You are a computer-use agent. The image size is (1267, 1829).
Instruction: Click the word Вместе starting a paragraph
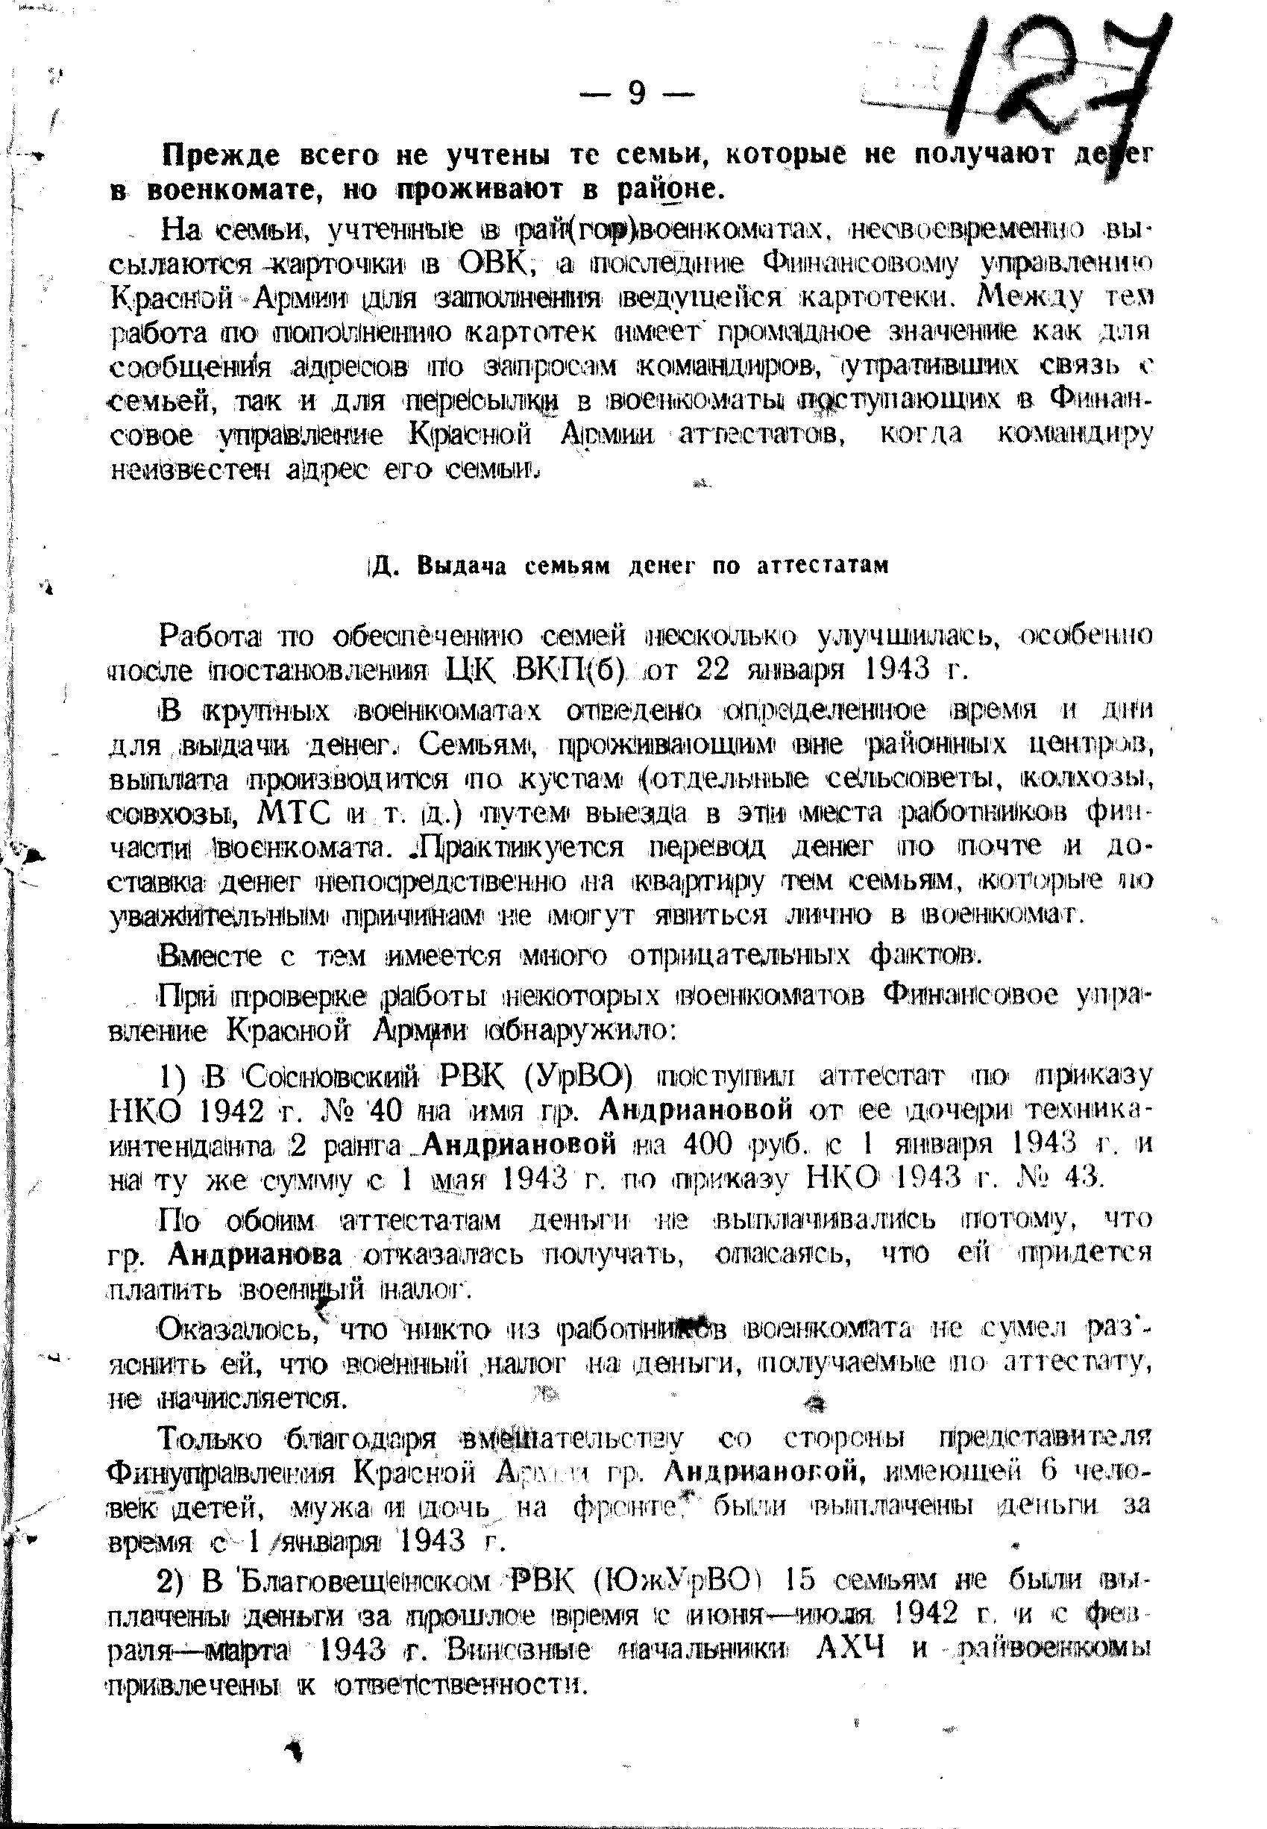point(210,955)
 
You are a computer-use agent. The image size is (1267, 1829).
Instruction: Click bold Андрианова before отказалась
point(256,1255)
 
